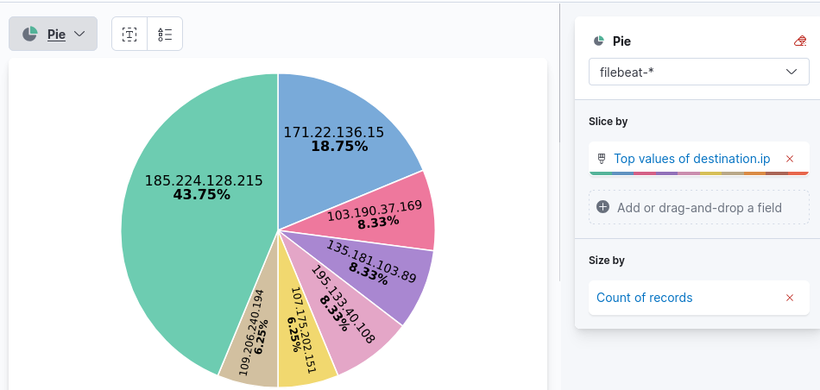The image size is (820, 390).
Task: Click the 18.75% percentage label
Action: pyautogui.click(x=339, y=147)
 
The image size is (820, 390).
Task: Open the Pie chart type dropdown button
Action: pyautogui.click(x=54, y=34)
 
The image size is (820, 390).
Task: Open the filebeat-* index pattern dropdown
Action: pyautogui.click(x=699, y=72)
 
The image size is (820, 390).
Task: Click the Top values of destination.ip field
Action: pyautogui.click(x=691, y=159)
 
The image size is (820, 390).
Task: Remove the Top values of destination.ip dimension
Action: pyautogui.click(x=790, y=159)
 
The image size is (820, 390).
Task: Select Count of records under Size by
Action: pyautogui.click(x=645, y=298)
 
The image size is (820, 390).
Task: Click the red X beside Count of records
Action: pyautogui.click(x=790, y=298)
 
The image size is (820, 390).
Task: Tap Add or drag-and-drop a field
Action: pyautogui.click(x=699, y=207)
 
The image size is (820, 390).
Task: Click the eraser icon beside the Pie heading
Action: pyautogui.click(x=800, y=41)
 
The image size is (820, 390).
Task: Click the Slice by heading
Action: pyautogui.click(x=608, y=122)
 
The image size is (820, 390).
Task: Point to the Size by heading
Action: pyautogui.click(x=607, y=260)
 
